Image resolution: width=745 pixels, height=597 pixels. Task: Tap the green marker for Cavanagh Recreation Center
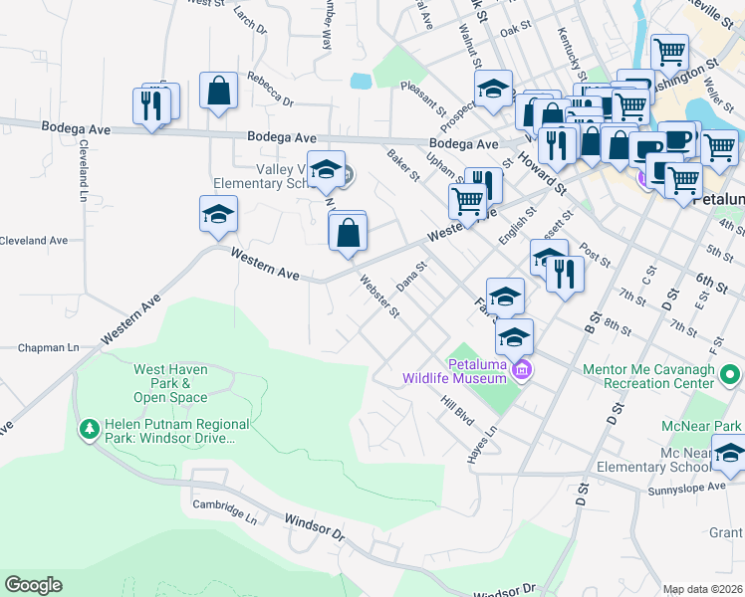(730, 376)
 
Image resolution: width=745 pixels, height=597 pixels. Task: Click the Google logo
(33, 585)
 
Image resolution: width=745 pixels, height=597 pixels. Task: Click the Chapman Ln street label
(48, 348)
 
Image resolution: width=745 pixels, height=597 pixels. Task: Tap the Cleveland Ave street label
(34, 240)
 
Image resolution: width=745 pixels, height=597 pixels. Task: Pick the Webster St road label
(379, 298)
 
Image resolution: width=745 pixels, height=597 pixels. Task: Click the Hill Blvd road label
(457, 411)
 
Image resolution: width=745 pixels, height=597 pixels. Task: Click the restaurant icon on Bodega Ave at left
(151, 104)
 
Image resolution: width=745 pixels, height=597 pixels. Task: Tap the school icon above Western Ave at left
(218, 214)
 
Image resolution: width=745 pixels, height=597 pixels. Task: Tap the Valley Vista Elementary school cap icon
(326, 169)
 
